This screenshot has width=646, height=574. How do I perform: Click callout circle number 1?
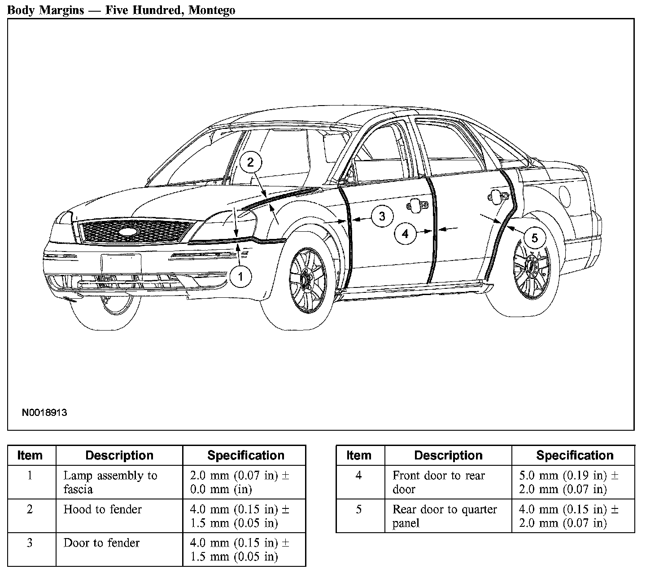240,277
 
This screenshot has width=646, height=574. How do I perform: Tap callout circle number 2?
250,163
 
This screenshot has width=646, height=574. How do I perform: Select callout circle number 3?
382,216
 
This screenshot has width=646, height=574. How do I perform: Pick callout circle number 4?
405,234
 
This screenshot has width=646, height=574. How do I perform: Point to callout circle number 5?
534,238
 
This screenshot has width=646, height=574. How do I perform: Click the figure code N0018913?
44,412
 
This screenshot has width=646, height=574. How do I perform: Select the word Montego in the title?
212,10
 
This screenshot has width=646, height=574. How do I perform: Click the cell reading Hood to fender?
103,509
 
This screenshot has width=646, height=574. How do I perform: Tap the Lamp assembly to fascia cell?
110,482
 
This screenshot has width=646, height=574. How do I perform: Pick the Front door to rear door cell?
438,482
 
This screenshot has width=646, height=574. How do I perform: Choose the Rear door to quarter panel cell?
445,516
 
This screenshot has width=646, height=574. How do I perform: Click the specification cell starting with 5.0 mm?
569,482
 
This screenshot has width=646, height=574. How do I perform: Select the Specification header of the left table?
245,455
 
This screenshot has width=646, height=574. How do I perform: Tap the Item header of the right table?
359,455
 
